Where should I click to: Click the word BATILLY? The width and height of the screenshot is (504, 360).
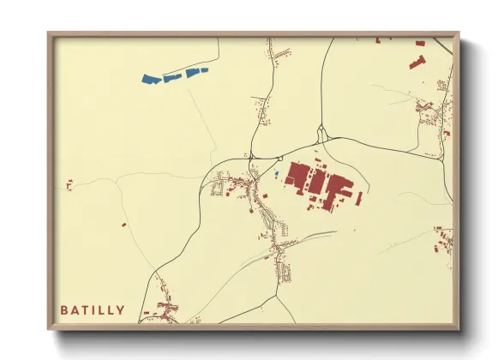point(93,310)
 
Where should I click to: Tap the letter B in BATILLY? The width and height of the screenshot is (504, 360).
point(64,310)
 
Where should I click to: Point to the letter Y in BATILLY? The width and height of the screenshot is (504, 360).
point(121,310)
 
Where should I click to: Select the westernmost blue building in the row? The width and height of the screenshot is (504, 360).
point(152,80)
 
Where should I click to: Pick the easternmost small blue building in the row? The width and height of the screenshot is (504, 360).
point(204,70)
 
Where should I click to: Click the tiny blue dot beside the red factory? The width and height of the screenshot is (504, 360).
point(277,175)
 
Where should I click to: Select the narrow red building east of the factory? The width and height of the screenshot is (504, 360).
point(359,198)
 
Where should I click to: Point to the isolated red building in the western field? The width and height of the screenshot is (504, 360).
point(123,225)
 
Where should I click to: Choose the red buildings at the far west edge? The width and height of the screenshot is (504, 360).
point(69,184)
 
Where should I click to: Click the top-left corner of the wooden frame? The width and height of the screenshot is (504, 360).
point(49,33)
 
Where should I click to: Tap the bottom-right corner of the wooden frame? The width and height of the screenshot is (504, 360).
point(458,328)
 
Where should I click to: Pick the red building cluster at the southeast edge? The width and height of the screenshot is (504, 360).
point(442,239)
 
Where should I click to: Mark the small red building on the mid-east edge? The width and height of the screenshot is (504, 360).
point(446,134)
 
